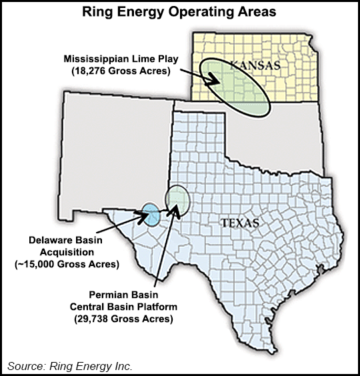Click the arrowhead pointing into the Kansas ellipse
click(216, 81)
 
